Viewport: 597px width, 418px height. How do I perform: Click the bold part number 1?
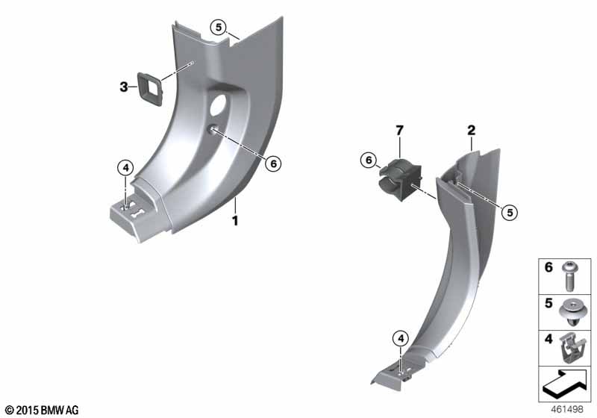tap(235, 220)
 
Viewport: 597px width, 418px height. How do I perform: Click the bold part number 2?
tap(472, 131)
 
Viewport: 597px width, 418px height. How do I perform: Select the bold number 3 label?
tap(124, 87)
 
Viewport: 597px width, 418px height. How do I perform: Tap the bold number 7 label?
tap(399, 131)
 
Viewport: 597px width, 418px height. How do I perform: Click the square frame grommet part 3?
tap(150, 89)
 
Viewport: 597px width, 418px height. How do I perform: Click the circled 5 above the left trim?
tap(219, 28)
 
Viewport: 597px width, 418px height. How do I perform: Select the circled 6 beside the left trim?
tap(273, 163)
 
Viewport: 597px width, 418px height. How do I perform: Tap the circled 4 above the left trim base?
tap(125, 168)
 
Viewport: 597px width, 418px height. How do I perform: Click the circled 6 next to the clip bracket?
tap(369, 160)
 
